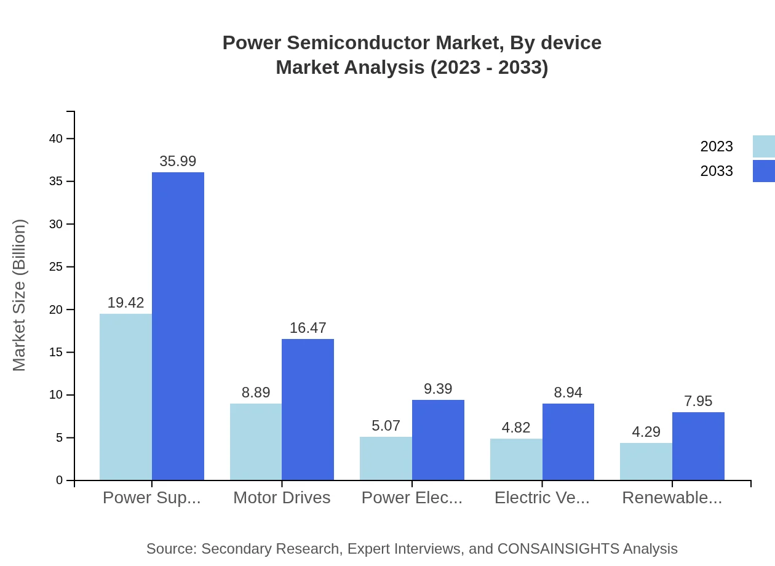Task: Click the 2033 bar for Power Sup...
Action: click(178, 326)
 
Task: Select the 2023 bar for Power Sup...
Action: click(125, 397)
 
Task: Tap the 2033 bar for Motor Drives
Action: click(308, 409)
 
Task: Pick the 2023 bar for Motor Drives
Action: click(256, 442)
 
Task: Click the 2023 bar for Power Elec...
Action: click(386, 458)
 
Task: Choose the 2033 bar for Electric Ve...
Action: click(568, 442)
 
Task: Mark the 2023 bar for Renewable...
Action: click(646, 461)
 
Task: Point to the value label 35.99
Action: click(178, 161)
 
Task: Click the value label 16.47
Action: click(308, 328)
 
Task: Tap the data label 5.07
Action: click(386, 426)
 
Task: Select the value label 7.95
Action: click(698, 401)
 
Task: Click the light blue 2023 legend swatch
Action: click(763, 146)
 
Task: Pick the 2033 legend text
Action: click(717, 171)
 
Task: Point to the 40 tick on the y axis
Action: click(56, 138)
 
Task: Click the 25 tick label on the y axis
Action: click(56, 267)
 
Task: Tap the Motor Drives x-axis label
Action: click(282, 498)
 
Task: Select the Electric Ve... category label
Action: click(542, 498)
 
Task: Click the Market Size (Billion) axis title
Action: click(20, 295)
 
